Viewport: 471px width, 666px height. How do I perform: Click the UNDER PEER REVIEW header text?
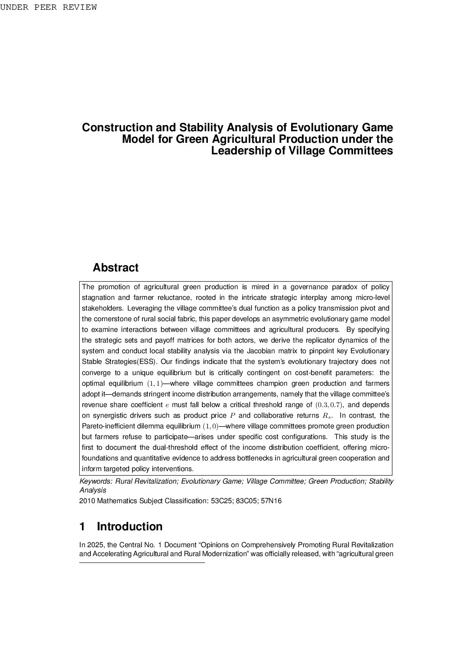click(x=48, y=8)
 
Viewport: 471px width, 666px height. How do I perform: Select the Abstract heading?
click(x=115, y=268)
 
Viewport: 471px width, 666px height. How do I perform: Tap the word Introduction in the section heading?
click(x=130, y=527)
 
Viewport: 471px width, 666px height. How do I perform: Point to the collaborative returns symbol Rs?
click(x=327, y=416)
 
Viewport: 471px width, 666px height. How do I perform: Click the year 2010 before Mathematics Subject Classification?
click(x=87, y=501)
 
